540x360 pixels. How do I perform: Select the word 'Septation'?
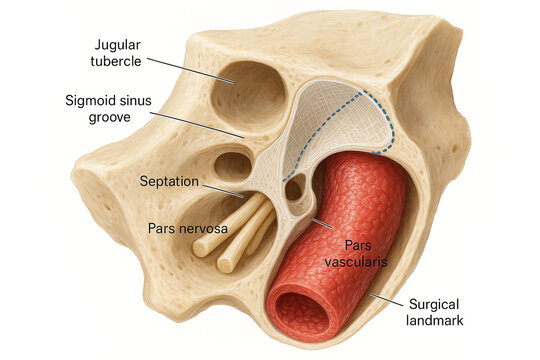click(170, 183)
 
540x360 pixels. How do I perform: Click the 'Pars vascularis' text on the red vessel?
click(349, 253)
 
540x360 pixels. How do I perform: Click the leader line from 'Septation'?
click(222, 190)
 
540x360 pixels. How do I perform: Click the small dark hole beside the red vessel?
click(294, 187)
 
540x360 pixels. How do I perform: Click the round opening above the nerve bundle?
click(234, 164)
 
